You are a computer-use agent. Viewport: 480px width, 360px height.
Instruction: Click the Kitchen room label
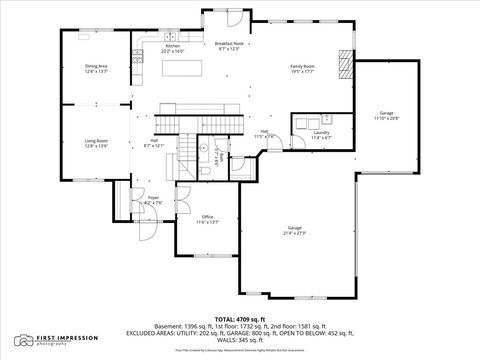point(172,48)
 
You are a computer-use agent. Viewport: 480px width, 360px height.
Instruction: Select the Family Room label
point(302,69)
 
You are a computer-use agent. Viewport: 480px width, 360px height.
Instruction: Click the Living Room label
point(96,143)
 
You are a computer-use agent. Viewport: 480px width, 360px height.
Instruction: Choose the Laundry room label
point(321,134)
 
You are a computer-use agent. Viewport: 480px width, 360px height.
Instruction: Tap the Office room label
point(207,219)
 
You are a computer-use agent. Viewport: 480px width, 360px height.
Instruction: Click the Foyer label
point(154,200)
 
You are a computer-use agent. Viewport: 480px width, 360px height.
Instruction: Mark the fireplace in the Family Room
point(346,64)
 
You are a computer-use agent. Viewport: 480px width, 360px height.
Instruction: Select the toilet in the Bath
point(204,172)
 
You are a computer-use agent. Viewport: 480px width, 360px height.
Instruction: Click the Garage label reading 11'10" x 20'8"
point(386,116)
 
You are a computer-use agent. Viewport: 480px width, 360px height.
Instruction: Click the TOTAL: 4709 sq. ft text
point(239,318)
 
